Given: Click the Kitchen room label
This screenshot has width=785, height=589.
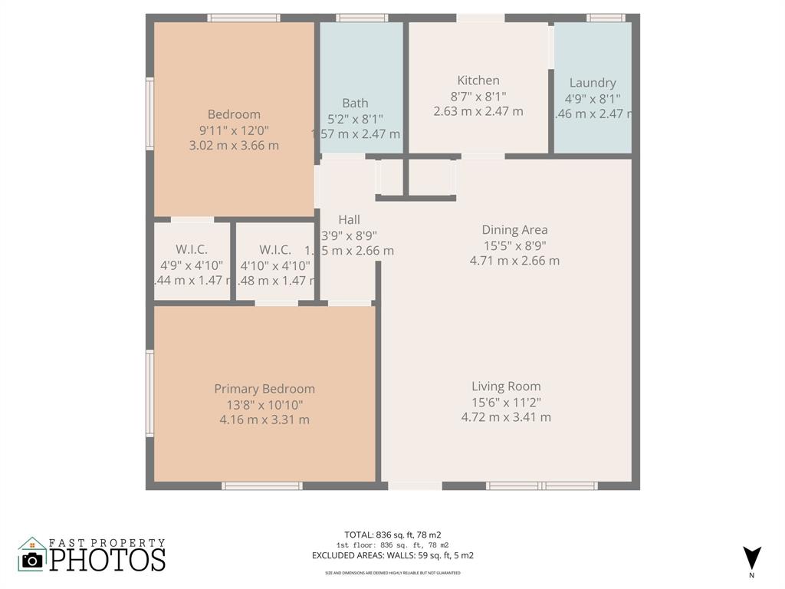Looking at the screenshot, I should (478, 81).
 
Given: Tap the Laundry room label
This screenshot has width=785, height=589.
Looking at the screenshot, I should (593, 83).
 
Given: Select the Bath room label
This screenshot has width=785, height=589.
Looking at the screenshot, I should (355, 103).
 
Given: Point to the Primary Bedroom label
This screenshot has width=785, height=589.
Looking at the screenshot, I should (264, 389).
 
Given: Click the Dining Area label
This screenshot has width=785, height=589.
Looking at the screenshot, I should (514, 229).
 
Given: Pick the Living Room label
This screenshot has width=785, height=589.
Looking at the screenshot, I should (506, 387).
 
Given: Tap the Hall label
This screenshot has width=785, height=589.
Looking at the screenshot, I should (349, 220).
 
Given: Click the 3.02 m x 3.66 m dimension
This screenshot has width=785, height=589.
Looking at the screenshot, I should (234, 145).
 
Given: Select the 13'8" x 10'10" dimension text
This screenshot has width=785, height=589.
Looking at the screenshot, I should (264, 404).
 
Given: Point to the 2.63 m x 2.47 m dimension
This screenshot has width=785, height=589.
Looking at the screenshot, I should (478, 111).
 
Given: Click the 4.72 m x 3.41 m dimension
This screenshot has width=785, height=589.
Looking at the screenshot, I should (506, 417).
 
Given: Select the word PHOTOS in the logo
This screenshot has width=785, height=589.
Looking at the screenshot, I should (107, 558).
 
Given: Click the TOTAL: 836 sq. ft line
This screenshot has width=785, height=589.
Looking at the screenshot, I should (392, 535).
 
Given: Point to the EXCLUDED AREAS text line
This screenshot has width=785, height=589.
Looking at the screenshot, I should (392, 555).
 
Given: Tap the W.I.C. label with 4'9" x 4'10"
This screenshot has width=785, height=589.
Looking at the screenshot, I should (192, 250).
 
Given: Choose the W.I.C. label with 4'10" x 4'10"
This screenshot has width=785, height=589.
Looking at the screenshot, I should (275, 250).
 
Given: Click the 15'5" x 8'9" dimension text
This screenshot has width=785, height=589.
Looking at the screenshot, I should (514, 245).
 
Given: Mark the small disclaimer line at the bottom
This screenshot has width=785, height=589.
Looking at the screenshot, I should (392, 573).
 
